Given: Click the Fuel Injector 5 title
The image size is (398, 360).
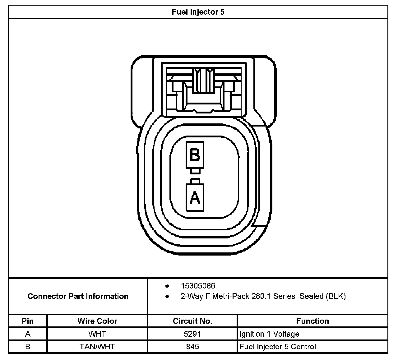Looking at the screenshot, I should (198, 12).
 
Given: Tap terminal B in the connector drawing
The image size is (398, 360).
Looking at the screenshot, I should (195, 155).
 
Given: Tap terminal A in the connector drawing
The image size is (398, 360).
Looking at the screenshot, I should (195, 197).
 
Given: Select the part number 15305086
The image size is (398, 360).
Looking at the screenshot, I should (198, 286).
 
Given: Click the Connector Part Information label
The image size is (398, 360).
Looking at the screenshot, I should (78, 296).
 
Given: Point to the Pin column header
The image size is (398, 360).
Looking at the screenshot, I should (28, 321).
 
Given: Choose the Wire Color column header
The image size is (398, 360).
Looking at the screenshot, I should (97, 321).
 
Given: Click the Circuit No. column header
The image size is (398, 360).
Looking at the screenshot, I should (192, 321).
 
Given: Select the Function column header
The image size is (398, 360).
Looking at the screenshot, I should (312, 321).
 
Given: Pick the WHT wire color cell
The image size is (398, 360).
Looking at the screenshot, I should (97, 334).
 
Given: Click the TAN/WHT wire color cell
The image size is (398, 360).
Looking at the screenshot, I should (97, 347).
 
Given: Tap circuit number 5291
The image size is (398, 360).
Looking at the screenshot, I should (192, 334).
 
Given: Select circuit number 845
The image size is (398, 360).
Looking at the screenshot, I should (192, 347).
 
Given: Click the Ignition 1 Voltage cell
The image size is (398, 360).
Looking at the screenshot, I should (269, 334).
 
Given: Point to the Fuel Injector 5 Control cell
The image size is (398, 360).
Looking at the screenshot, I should (278, 347).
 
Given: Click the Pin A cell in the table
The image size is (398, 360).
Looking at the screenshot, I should (28, 334).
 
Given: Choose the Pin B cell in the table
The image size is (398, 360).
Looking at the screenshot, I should (28, 347).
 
